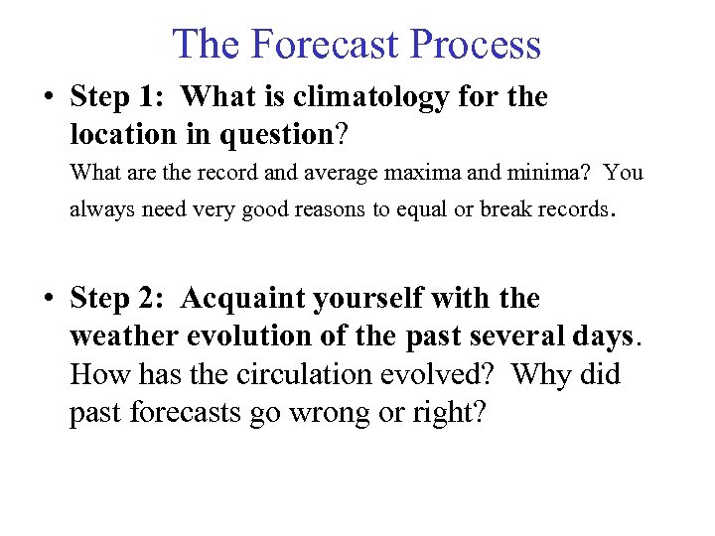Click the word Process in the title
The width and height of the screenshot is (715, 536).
[476, 45]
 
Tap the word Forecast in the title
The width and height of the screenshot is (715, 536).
[324, 45]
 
